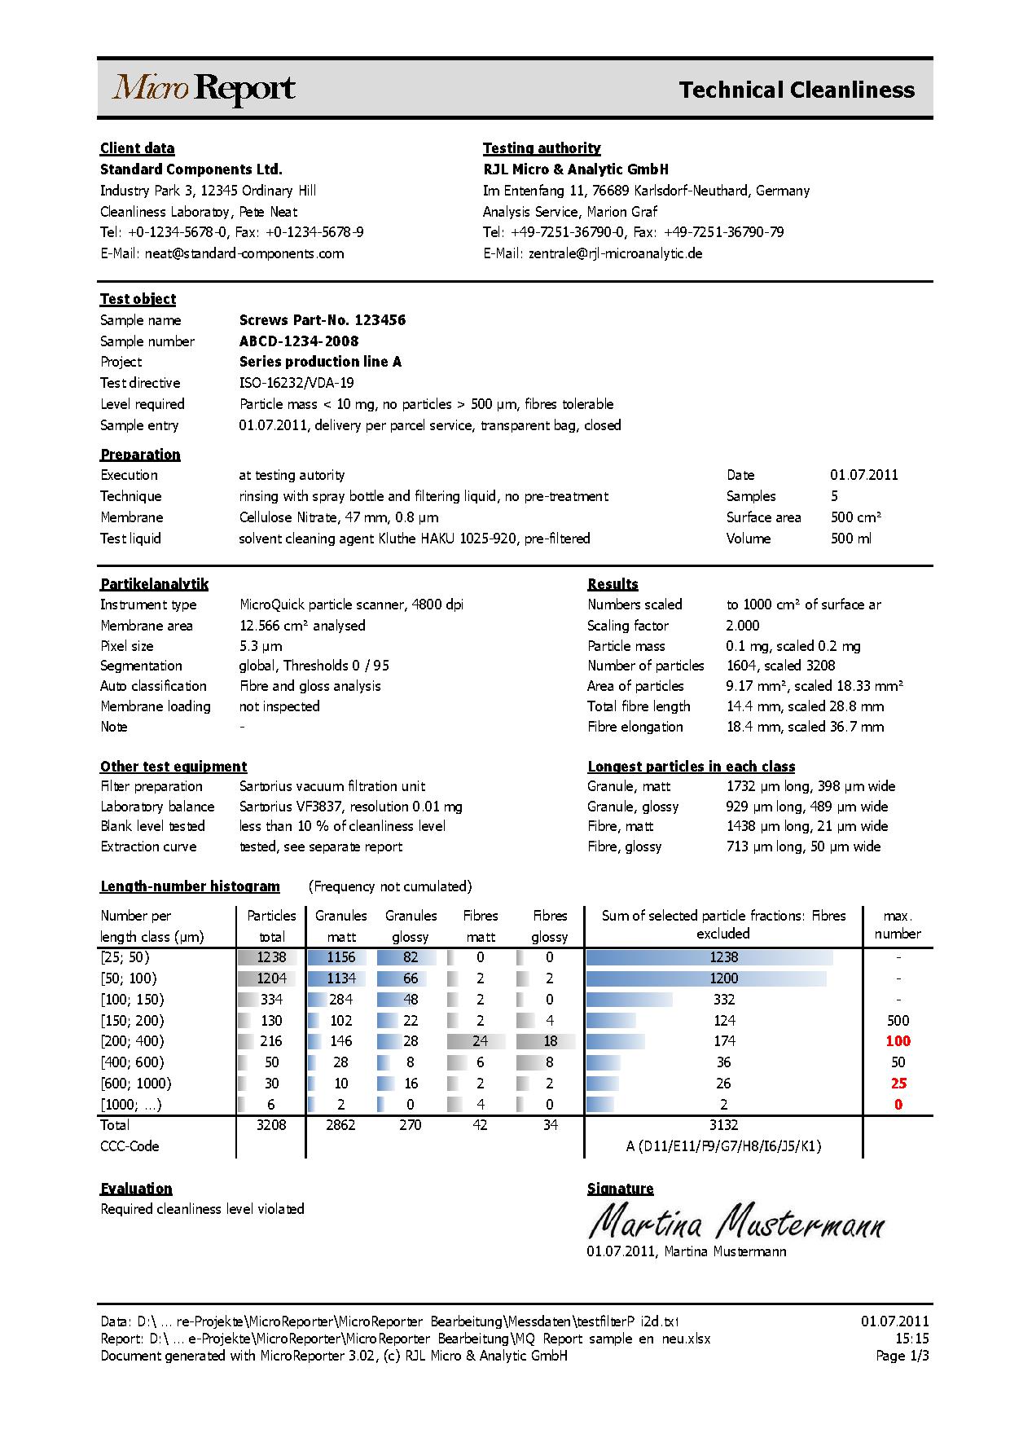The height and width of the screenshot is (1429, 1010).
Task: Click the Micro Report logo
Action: click(204, 89)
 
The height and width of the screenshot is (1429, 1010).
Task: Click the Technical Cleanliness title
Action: click(796, 90)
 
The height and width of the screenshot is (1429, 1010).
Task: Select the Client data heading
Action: click(137, 148)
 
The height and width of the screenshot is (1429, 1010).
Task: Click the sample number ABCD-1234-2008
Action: click(299, 341)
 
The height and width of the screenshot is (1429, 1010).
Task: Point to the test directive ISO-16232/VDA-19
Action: click(296, 383)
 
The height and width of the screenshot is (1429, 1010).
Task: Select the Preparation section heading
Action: click(140, 455)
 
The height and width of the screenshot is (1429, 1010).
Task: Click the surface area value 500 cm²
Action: click(855, 517)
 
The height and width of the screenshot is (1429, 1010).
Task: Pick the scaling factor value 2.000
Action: click(742, 626)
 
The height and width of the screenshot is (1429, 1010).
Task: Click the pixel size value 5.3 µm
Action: click(261, 646)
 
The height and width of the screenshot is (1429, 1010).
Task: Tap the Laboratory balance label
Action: click(157, 807)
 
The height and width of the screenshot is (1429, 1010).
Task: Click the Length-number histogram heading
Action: click(190, 886)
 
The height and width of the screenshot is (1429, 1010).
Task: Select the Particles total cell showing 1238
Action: click(271, 957)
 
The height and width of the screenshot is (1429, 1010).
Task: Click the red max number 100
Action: click(898, 1041)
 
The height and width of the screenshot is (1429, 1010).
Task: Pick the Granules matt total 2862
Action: click(340, 1125)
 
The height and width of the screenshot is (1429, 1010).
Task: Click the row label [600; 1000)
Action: click(136, 1084)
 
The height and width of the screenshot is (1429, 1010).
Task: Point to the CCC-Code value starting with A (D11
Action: click(722, 1146)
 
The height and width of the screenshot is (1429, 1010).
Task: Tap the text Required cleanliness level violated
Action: click(202, 1209)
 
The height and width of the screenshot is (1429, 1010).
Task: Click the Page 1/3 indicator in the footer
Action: click(902, 1356)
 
